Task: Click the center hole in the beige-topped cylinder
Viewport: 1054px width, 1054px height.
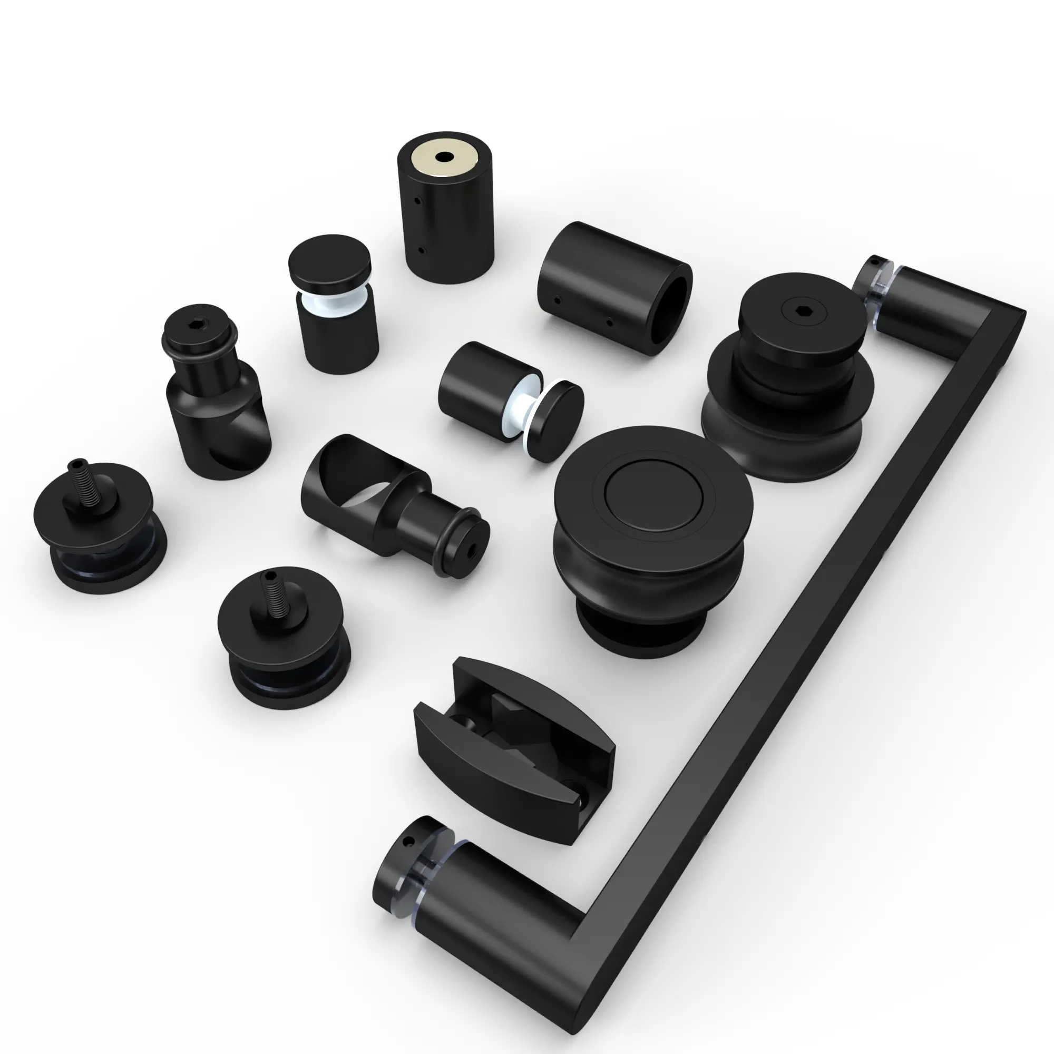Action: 445,158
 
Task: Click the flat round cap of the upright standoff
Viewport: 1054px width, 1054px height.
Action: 329,262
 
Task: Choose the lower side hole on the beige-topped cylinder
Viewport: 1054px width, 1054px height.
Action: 421,251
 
